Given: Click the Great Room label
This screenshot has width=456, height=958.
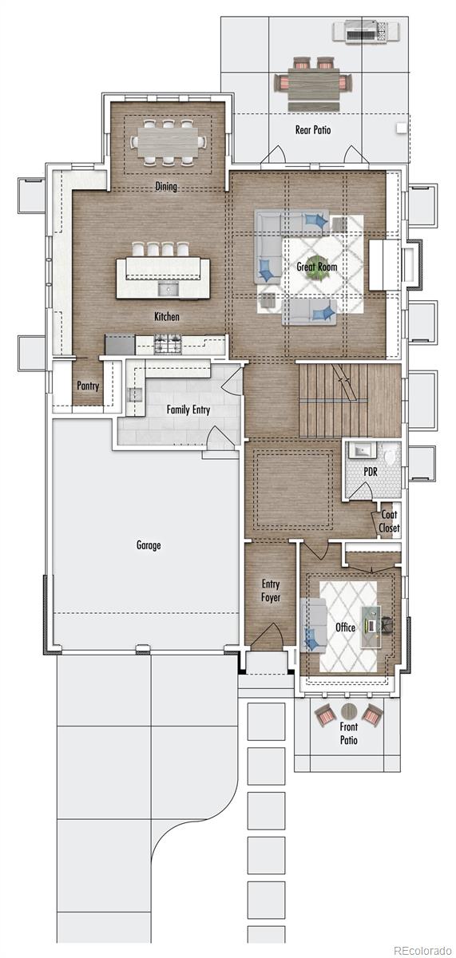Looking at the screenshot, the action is point(316,267).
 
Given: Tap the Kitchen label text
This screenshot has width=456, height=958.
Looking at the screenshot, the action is point(166,316).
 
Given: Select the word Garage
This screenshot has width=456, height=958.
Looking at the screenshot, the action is point(149,545).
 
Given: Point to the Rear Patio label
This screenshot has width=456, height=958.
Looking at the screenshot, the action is point(313,130).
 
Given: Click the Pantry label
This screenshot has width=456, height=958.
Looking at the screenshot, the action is point(88,386).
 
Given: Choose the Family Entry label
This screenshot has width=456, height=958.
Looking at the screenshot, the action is point(188,410).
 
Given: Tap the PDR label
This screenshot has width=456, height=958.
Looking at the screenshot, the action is point(371,472).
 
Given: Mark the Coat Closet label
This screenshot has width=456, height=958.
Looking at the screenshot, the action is point(389,521).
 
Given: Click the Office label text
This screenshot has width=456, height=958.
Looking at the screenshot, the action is point(345,627).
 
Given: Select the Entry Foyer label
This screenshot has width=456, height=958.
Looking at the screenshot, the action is point(271,591).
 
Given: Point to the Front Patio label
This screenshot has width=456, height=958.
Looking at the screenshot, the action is point(349,733).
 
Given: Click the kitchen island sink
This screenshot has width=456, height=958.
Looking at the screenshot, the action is point(169,290).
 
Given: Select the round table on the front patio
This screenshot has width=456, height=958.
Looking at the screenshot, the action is point(349,711).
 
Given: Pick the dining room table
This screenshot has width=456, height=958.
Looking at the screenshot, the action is point(167,142).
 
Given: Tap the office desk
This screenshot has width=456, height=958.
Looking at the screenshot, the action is point(371,626).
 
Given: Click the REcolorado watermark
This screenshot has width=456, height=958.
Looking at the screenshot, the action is point(422,950).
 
